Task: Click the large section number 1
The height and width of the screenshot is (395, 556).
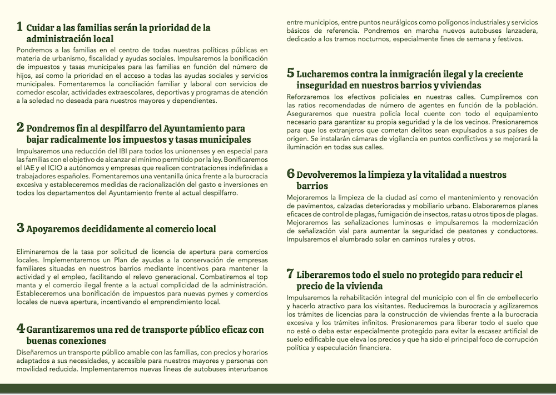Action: pos(20,27)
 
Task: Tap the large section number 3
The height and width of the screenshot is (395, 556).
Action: pos(20,228)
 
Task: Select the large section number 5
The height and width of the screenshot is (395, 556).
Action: pos(290,73)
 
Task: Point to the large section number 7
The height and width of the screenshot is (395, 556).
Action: pos(290,274)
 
